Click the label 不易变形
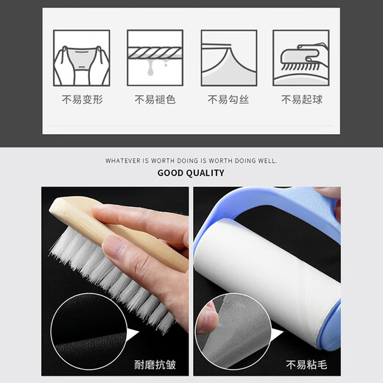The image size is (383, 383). tap(82, 99)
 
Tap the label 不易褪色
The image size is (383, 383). tap(155, 99)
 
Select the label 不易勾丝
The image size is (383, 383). tap(228, 99)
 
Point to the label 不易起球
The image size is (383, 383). tap(302, 99)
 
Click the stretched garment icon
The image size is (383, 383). tap(82, 58)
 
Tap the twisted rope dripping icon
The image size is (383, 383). tap(155, 58)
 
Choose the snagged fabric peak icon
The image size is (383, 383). tap(229, 58)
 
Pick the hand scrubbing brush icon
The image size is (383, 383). tap(301, 58)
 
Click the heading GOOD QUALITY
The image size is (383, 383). tap(191, 173)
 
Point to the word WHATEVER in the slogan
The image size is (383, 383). tap(124, 161)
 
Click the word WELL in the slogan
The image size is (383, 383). tap(267, 161)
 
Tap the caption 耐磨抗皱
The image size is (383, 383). tap(155, 365)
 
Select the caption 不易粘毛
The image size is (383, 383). tap(306, 365)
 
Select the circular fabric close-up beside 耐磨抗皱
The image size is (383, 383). tap(89, 331)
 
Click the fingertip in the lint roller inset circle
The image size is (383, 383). tap(208, 319)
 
